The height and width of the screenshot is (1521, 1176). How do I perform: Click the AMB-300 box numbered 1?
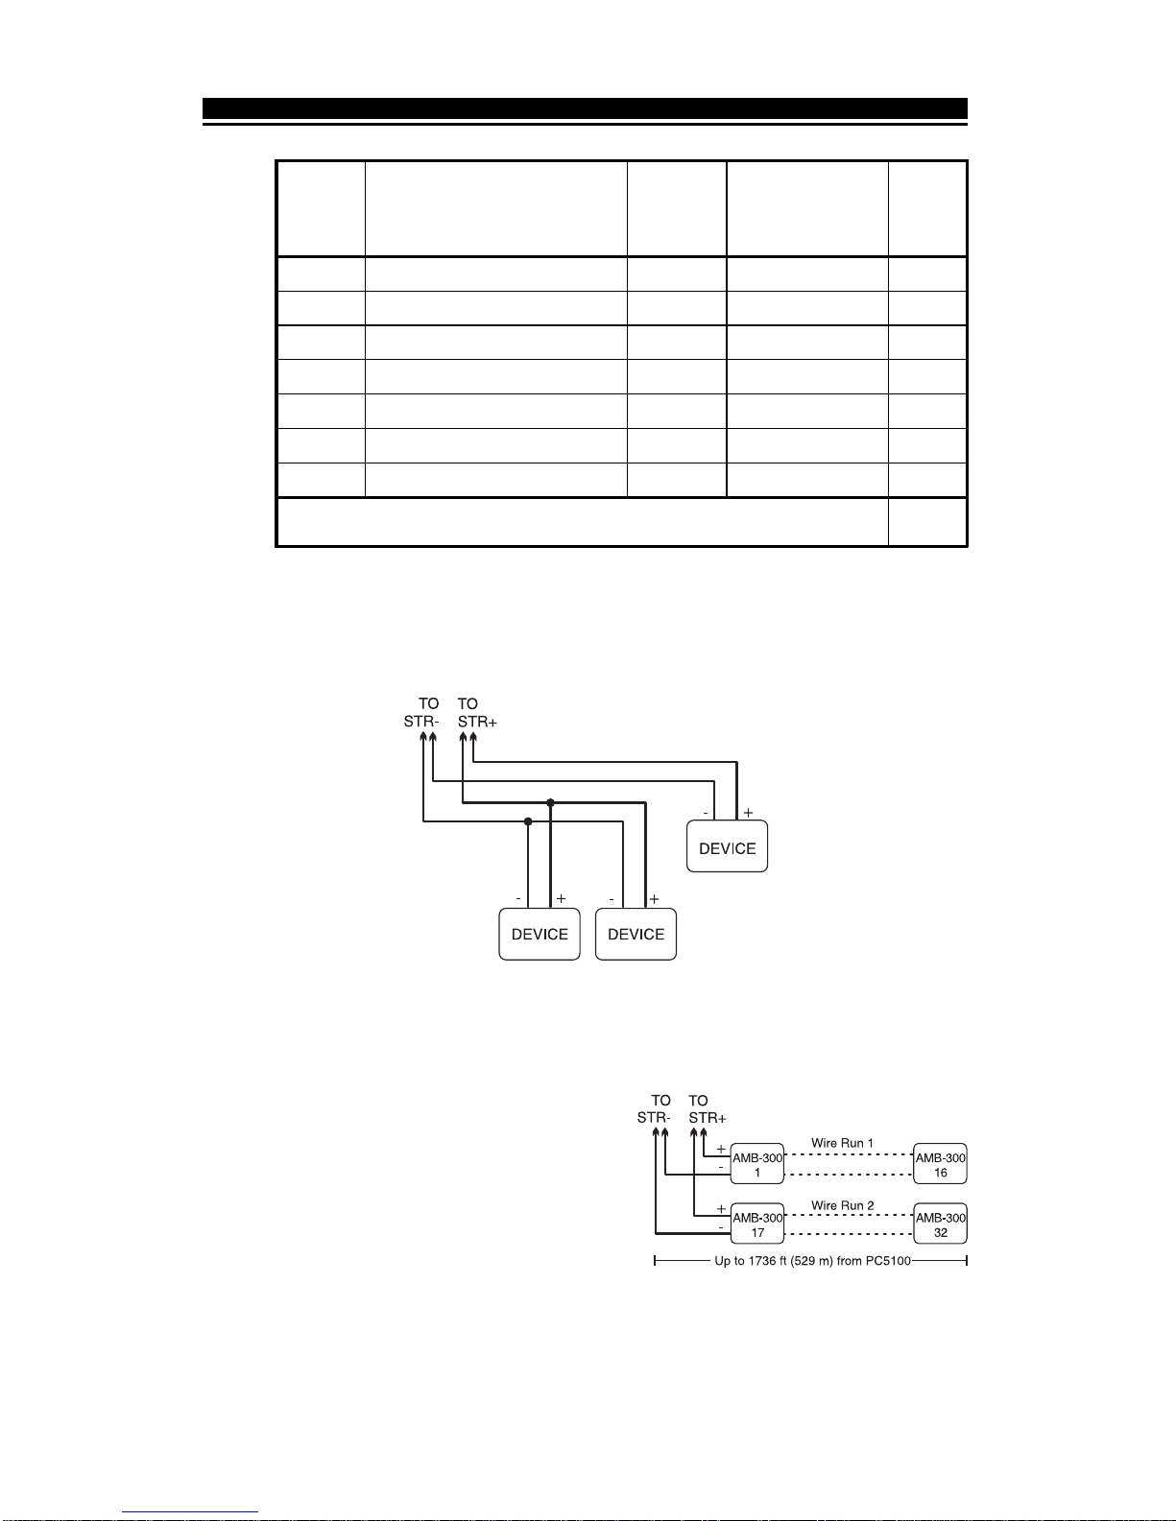[x=757, y=1164]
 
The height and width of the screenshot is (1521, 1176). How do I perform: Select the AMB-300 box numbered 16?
[x=940, y=1164]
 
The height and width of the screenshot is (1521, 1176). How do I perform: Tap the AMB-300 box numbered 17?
[x=757, y=1224]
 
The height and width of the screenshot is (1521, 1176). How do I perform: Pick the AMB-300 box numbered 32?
[x=940, y=1224]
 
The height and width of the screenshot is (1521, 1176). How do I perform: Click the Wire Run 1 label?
[x=842, y=1143]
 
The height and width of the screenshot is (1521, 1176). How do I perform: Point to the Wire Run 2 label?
[x=842, y=1205]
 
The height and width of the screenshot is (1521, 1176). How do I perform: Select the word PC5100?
[x=888, y=1261]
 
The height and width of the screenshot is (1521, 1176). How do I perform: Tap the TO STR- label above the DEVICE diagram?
[x=422, y=713]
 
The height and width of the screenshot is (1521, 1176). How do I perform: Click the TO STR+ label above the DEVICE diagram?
[x=476, y=713]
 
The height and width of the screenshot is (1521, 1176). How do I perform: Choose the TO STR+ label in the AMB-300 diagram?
[x=708, y=1109]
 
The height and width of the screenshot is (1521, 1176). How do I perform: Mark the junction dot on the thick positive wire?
[x=550, y=802]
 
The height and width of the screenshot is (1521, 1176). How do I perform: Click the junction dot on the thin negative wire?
[x=528, y=821]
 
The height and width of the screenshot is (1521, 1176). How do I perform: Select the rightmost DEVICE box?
[x=727, y=847]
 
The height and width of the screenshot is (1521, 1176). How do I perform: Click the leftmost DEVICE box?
[x=540, y=934]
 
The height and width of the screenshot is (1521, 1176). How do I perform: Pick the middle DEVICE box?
[x=636, y=934]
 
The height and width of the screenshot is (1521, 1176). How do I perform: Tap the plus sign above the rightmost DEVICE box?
[x=748, y=812]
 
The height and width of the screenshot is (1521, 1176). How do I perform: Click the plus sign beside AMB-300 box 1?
[x=721, y=1149]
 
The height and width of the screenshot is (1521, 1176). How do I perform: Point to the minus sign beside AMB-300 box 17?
[x=721, y=1227]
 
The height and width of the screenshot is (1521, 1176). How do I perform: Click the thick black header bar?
[x=584, y=107]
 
